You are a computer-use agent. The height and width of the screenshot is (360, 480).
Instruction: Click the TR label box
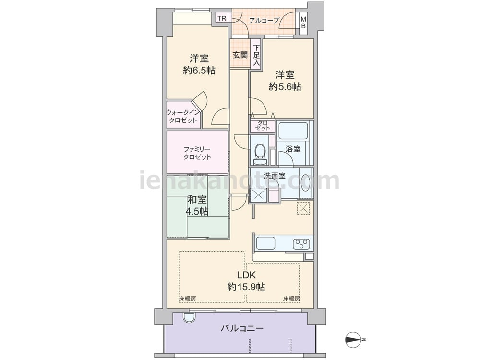[x=222, y=18]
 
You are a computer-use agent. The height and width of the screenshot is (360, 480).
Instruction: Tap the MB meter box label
[x=303, y=23]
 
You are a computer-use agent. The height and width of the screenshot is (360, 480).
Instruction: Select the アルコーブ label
[x=264, y=21]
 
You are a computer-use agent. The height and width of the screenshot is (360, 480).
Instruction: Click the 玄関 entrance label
[x=240, y=55]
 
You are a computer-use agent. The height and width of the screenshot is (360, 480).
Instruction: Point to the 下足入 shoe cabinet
[x=256, y=55]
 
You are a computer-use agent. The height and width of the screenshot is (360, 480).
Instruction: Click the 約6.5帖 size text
[x=199, y=71]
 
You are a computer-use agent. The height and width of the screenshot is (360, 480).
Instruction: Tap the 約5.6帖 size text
[x=285, y=86]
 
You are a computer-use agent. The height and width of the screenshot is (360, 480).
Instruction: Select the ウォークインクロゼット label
[x=183, y=116]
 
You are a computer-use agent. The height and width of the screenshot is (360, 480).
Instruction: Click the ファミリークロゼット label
[x=197, y=154]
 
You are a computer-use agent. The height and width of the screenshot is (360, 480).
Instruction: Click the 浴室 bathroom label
[x=293, y=149]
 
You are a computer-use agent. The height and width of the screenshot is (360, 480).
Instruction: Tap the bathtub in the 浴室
[x=293, y=131]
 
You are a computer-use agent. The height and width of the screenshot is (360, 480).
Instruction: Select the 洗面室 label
[x=275, y=176]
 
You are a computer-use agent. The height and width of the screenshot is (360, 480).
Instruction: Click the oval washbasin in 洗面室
[x=306, y=183]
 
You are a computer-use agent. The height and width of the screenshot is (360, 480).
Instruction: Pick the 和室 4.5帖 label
[x=197, y=205]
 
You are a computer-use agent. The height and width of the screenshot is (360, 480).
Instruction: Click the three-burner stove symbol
[x=301, y=244]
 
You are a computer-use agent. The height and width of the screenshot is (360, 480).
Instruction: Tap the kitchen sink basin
[x=265, y=243]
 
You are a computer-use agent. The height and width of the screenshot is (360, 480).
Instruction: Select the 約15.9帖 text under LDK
[x=246, y=287]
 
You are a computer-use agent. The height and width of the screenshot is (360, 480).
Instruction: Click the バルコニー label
[x=242, y=329]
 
